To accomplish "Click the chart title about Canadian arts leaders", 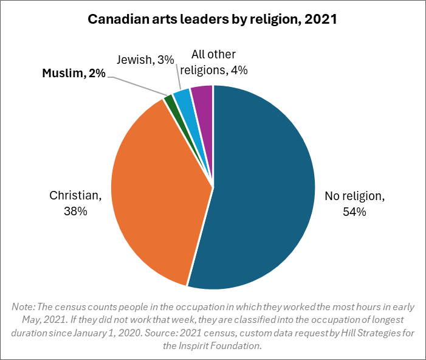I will coord(212,19).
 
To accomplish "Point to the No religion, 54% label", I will coord(354,204).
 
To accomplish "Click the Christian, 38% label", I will coord(75,204).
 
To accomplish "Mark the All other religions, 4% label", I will coord(213,63).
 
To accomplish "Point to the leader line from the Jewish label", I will coord(179,78).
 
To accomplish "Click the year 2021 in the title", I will coord(320,19).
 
